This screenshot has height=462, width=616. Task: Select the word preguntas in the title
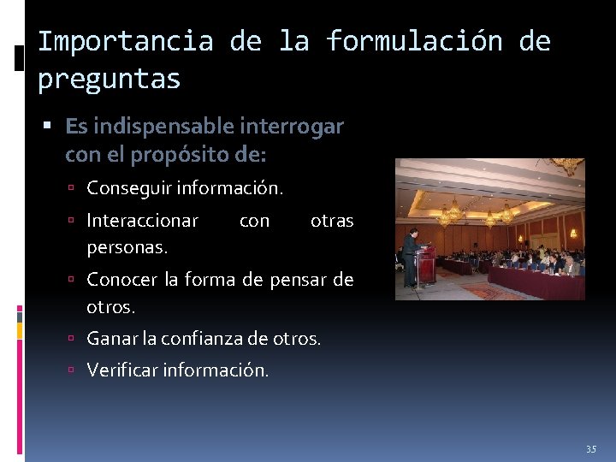109,80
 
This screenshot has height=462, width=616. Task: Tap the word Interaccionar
143,221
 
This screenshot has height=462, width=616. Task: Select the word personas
127,246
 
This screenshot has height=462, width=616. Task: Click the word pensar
296,280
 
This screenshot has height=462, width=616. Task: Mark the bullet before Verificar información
76,371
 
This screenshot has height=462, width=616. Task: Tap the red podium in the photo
425,266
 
